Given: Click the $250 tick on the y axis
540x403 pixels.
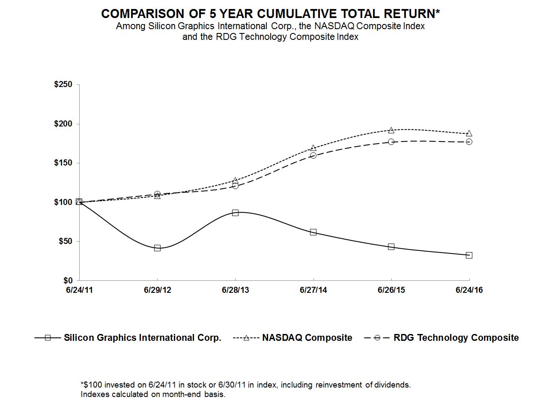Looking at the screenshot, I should tap(64, 85).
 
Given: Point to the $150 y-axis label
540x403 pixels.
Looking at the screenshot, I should tap(64, 163).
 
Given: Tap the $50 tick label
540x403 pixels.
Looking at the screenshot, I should tap(66, 241).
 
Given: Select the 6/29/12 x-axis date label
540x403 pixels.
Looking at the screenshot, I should tap(157, 290).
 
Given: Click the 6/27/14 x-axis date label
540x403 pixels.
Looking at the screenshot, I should tap(313, 290).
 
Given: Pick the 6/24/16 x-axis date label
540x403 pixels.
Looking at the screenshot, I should tap(469, 290).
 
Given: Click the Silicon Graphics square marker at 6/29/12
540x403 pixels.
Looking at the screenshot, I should tap(157, 248).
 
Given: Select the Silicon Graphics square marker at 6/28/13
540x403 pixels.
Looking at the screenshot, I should tap(235, 213).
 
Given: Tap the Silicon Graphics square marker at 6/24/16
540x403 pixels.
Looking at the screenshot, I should tap(469, 255).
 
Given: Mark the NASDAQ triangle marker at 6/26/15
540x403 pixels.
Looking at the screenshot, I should tap(391, 130).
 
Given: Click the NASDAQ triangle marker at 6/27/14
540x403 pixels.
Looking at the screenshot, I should tap(313, 148).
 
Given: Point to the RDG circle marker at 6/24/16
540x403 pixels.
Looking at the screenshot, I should tap(469, 141).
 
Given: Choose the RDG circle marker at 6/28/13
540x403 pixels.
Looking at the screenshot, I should tap(235, 186).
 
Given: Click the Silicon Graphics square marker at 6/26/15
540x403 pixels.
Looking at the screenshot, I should tap(391, 247).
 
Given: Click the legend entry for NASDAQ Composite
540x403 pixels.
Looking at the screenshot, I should tap(307, 338).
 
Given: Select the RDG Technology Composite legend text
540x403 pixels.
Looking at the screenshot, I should tap(456, 338).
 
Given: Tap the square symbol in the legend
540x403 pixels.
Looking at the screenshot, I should tap(48, 338).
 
